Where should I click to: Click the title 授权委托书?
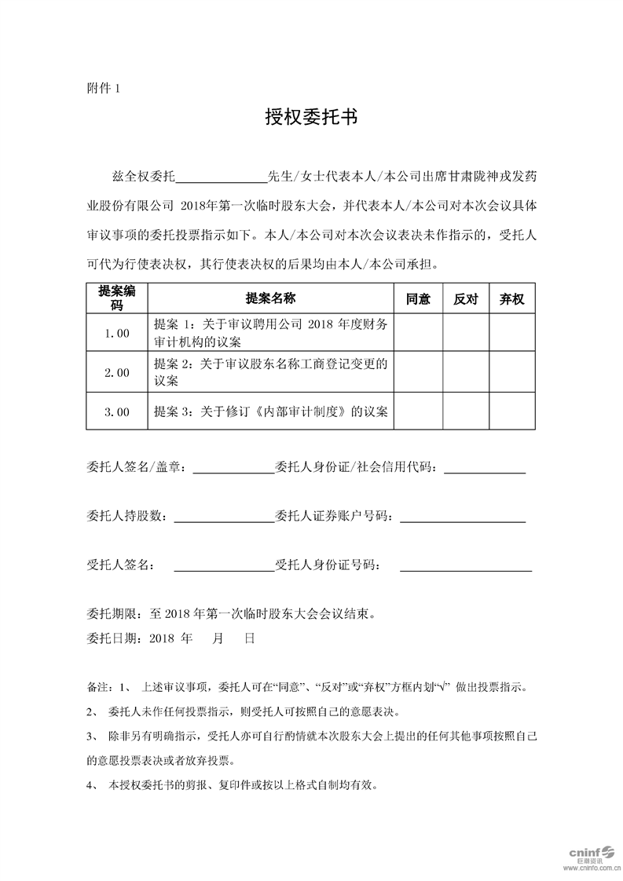tap(311, 118)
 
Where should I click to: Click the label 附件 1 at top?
tap(103, 88)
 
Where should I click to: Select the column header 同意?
tap(418, 298)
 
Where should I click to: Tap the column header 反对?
tap(466, 298)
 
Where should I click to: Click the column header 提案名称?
tap(270, 298)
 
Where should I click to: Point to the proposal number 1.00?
tap(117, 333)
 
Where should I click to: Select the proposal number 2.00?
tap(117, 373)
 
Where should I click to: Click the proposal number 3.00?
tap(117, 411)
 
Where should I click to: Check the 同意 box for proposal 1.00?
tap(418, 333)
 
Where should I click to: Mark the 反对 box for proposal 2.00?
tap(466, 373)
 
